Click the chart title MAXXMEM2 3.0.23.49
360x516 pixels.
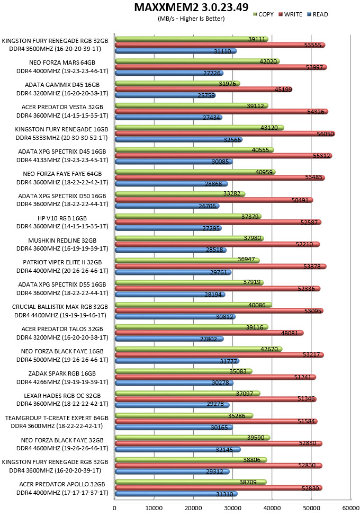click(x=191, y=7)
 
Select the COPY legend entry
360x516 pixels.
click(x=263, y=14)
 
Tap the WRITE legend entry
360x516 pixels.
click(x=290, y=14)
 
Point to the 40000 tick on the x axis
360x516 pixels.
click(x=272, y=508)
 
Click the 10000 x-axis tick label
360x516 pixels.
click(x=154, y=508)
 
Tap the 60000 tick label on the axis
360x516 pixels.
click(x=351, y=508)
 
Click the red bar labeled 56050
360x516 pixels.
click(x=225, y=134)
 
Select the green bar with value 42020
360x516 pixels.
click(x=197, y=61)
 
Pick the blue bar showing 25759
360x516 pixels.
click(x=165, y=95)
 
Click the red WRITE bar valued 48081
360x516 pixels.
click(x=209, y=333)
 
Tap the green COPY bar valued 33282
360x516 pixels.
click(x=180, y=194)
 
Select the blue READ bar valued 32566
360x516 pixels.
click(x=179, y=139)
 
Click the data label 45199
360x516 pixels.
click(x=283, y=89)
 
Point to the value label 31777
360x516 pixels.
click(x=229, y=361)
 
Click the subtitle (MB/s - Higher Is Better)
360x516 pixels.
click(x=191, y=19)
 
